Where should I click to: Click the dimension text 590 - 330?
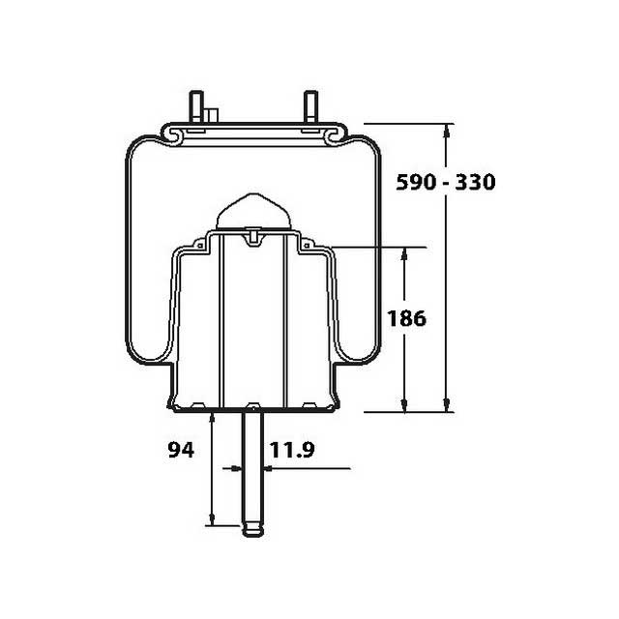(x=448, y=182)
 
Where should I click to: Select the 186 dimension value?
(x=406, y=318)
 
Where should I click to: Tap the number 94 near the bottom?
(x=181, y=449)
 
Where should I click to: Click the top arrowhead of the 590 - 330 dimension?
(x=446, y=130)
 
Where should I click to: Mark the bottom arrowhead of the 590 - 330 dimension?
(x=446, y=406)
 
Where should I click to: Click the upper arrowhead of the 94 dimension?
(x=211, y=416)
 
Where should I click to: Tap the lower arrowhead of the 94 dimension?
(x=211, y=522)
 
